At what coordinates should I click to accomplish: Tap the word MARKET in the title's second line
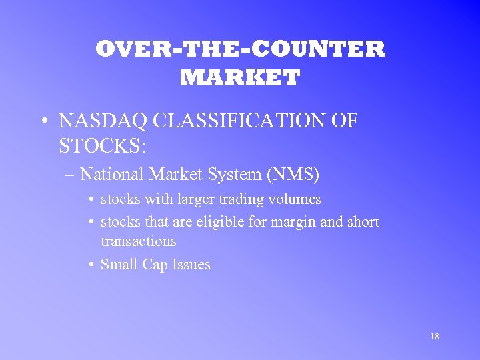pos(240,79)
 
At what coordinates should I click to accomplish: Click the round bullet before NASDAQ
pos(43,122)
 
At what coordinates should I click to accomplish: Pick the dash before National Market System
pos(71,175)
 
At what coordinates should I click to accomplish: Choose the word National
pos(112,175)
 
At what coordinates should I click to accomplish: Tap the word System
pos(234,175)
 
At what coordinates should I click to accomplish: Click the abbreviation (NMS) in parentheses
pos(293,175)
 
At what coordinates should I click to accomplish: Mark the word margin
pos(294,222)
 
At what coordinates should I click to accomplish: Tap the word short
pos(363,222)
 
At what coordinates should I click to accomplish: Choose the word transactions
pos(138,241)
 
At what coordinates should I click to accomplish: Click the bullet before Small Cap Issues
pos(91,265)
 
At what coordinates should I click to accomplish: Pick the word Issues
pos(191,265)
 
